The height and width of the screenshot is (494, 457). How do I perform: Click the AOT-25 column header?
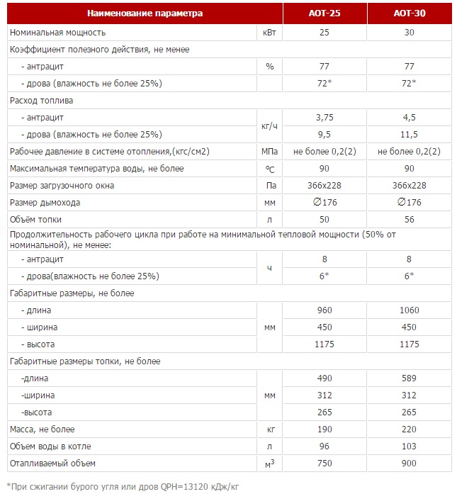[x=324, y=13]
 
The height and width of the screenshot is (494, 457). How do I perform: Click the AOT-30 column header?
[x=409, y=13]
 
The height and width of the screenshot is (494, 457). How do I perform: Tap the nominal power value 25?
[x=325, y=33]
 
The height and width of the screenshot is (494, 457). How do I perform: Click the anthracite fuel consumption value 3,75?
[x=325, y=118]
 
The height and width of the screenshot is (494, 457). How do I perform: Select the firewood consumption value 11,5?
[x=410, y=135]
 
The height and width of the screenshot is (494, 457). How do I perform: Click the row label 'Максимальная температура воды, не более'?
[x=96, y=169]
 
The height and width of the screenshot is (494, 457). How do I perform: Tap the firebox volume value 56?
[x=410, y=220]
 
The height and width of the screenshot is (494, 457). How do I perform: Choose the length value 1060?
[x=410, y=310]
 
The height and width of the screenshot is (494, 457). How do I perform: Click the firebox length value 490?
[x=325, y=378]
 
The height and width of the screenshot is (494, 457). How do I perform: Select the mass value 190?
[x=325, y=430]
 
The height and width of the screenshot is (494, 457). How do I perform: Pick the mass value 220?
[x=410, y=430]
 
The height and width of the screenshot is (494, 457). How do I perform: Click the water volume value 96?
[x=325, y=447]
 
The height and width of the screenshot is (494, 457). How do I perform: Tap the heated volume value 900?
[x=410, y=464]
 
